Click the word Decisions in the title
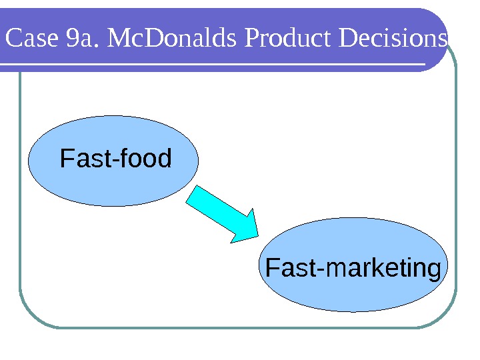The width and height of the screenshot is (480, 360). [x=393, y=39]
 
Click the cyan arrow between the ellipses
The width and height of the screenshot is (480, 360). [x=217, y=212]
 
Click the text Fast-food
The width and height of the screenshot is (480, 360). [x=116, y=159]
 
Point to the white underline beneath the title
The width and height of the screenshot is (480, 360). [x=213, y=65]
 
